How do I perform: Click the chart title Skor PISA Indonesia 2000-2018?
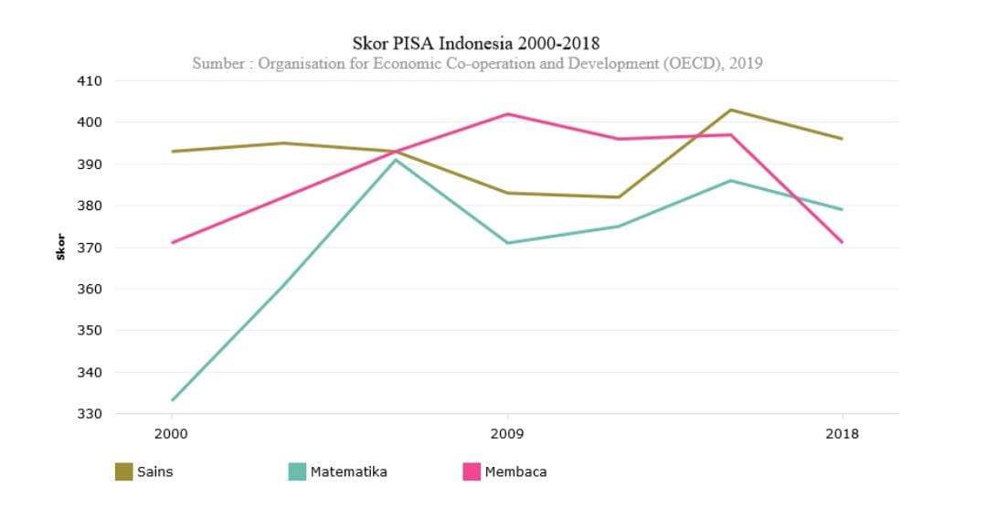pyautogui.click(x=476, y=43)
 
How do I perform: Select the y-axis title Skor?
pyautogui.click(x=61, y=247)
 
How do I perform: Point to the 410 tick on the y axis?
pyautogui.click(x=89, y=80)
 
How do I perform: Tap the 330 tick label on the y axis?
pyautogui.click(x=89, y=414)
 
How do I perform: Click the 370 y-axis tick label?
pyautogui.click(x=89, y=248)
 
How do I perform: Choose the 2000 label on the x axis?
pyautogui.click(x=171, y=434)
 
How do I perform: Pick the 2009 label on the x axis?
pyautogui.click(x=507, y=434)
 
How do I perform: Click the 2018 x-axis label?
pyautogui.click(x=842, y=434)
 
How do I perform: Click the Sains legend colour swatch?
pyautogui.click(x=123, y=471)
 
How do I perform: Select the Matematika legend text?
pyautogui.click(x=348, y=472)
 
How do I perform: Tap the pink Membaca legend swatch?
pyautogui.click(x=472, y=471)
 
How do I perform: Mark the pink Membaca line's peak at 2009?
pyautogui.click(x=507, y=114)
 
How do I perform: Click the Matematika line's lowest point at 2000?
pyautogui.click(x=172, y=400)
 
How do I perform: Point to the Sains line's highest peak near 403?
pyautogui.click(x=730, y=110)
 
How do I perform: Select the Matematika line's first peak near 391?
pyautogui.click(x=395, y=160)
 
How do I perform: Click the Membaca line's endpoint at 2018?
pyautogui.click(x=842, y=242)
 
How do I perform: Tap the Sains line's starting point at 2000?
pyautogui.click(x=172, y=152)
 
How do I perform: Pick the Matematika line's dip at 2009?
pyautogui.click(x=507, y=243)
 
